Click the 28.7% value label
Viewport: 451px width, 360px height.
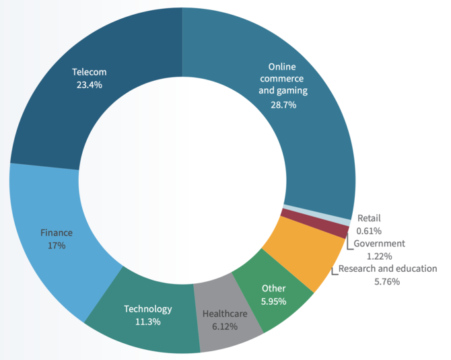point(282,105)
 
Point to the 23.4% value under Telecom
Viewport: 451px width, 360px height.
point(90,85)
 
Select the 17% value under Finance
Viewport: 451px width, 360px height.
point(57,246)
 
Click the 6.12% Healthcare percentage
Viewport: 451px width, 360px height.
point(225,326)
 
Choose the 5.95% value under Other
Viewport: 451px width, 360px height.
point(273,301)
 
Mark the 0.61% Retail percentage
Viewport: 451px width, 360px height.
point(369,231)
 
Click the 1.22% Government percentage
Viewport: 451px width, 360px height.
point(379,256)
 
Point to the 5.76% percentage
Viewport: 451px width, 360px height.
point(387,281)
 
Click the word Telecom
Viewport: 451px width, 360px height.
point(90,72)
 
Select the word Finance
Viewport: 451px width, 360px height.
point(57,233)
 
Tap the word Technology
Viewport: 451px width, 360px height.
point(147,309)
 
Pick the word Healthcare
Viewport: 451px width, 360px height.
point(225,314)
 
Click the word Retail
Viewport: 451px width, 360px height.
point(369,218)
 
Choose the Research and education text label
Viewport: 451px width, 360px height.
point(387,268)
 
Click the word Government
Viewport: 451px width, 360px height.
point(379,244)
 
